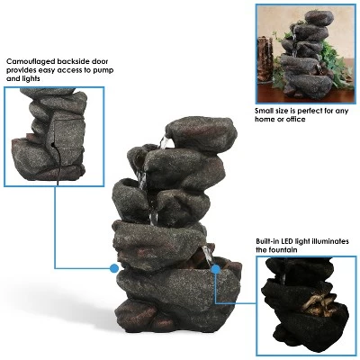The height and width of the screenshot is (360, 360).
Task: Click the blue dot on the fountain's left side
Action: [x=114, y=267]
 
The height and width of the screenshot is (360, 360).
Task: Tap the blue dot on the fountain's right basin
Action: [x=216, y=267]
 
